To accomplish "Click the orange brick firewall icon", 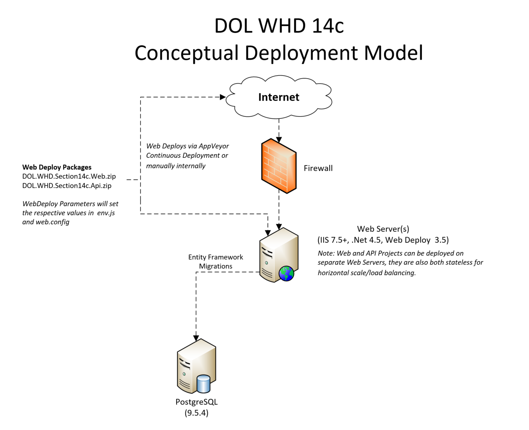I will click(x=279, y=167).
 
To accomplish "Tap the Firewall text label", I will click(x=318, y=168).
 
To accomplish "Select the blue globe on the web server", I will click(x=286, y=273).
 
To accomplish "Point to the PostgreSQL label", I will click(x=197, y=402).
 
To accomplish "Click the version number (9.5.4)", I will click(x=197, y=413).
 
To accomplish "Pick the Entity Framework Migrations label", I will click(x=216, y=262).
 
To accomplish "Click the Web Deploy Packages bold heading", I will click(x=57, y=167).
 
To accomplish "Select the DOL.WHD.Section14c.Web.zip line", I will click(x=69, y=176).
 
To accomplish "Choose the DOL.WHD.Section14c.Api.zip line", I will click(x=67, y=185).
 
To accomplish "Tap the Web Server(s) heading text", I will click(x=383, y=229).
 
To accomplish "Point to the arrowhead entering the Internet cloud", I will click(x=223, y=97).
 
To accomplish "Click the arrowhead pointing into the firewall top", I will click(x=279, y=140).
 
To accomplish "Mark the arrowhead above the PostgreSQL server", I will click(x=196, y=338).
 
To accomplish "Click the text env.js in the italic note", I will click(x=106, y=213).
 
